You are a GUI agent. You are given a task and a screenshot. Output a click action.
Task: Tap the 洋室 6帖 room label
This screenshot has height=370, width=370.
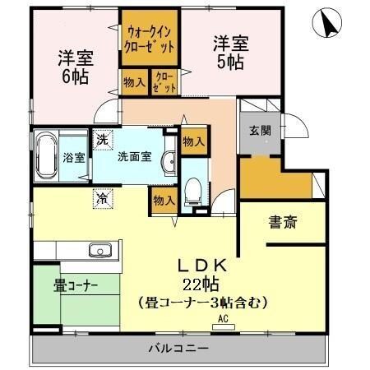74,67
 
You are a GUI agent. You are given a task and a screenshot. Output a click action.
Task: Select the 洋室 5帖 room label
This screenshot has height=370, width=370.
231,52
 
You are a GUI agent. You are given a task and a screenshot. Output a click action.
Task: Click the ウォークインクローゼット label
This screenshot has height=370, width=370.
150,39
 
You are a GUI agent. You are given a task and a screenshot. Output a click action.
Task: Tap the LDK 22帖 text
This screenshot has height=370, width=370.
202,275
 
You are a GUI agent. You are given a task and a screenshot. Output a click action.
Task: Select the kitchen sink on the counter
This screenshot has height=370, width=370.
99,250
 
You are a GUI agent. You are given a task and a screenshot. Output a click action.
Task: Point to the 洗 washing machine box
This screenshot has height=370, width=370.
102,141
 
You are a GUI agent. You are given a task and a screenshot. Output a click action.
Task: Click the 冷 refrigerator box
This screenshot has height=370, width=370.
102,197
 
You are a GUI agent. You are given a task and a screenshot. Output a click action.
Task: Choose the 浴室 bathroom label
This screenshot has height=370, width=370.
75,157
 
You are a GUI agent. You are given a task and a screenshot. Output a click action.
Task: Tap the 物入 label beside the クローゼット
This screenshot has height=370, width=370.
134,82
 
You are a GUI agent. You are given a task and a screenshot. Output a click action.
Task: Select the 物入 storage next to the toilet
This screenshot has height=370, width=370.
164,200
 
